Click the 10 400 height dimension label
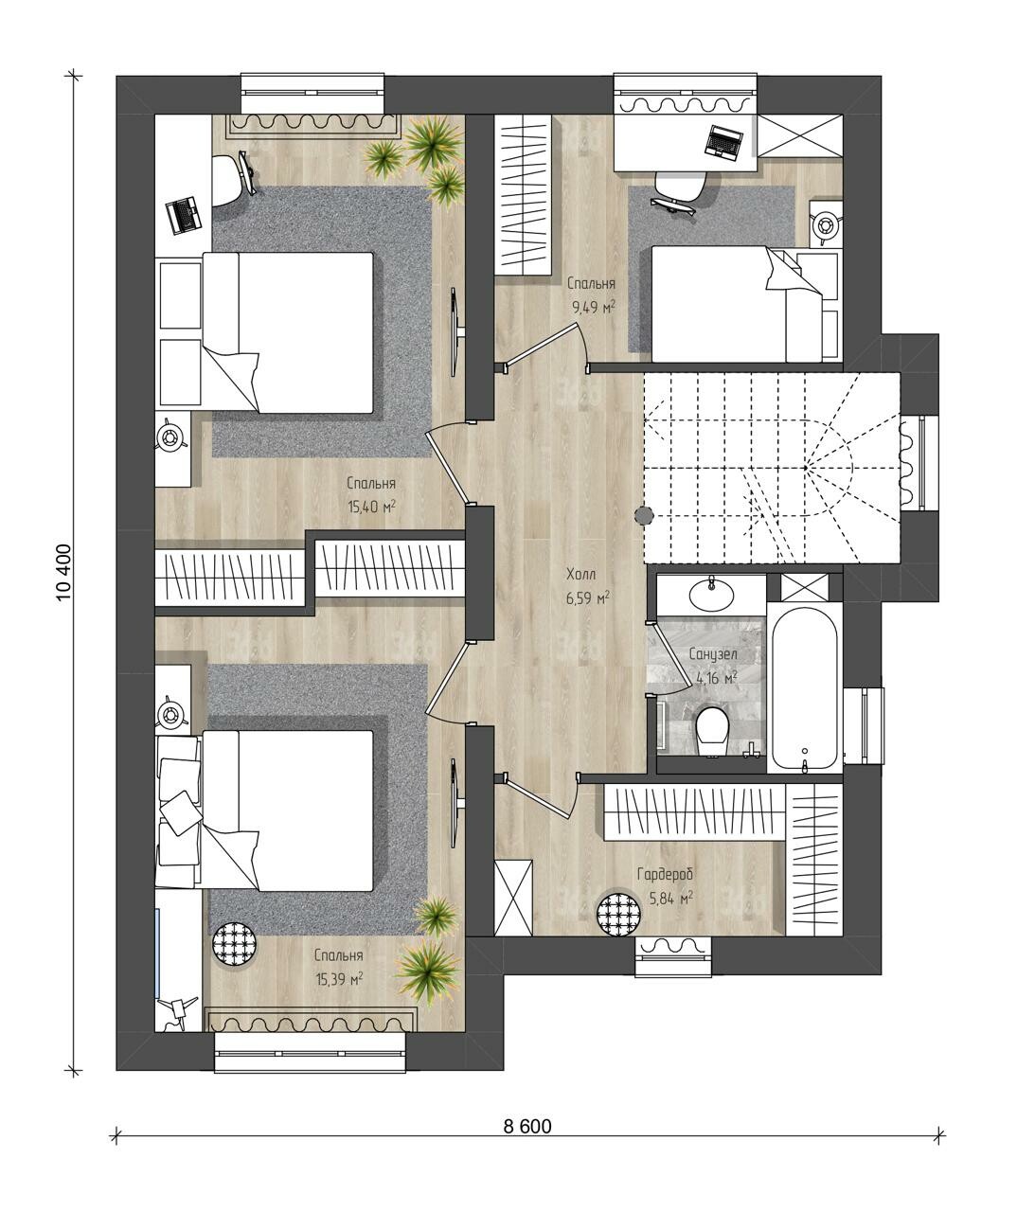[x=63, y=572]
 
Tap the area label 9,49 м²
[x=594, y=307]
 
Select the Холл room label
[x=581, y=575]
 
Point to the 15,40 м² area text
[x=371, y=507]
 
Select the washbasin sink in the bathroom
[x=712, y=594]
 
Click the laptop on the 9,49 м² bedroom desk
[x=723, y=142]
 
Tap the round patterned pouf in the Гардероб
[x=619, y=915]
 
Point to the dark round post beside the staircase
[x=644, y=515]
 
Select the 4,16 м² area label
[x=717, y=677]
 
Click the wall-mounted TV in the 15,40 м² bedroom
[x=456, y=331]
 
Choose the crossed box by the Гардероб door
[x=513, y=898]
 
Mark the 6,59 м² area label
[x=588, y=597]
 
